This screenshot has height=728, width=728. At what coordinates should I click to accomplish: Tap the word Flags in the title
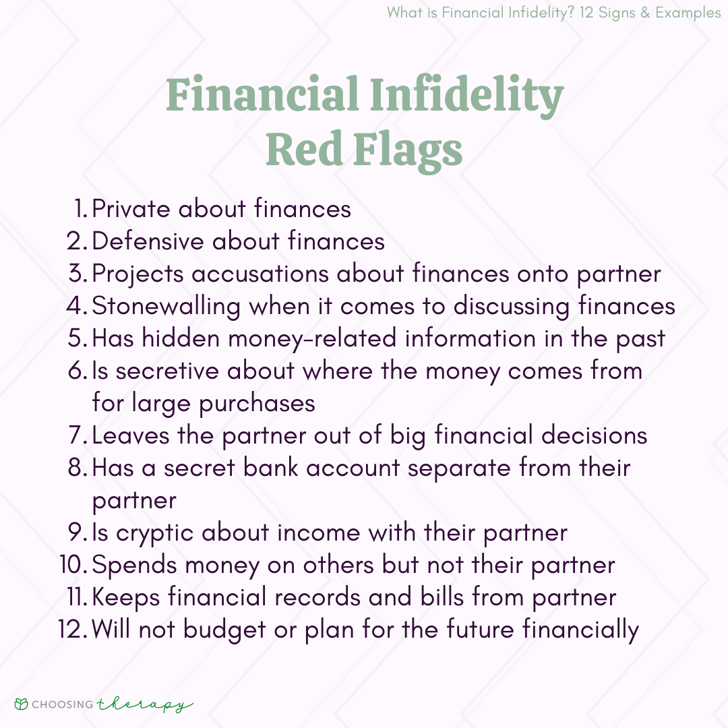click(x=408, y=150)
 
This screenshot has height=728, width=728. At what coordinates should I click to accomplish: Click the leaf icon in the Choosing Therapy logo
click(x=22, y=704)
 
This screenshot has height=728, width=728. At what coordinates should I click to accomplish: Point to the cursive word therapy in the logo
click(x=145, y=705)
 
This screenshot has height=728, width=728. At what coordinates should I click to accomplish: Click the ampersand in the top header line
click(x=645, y=13)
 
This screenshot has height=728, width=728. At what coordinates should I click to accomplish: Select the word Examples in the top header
click(x=688, y=13)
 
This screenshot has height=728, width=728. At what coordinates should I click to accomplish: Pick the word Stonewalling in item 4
click(x=166, y=307)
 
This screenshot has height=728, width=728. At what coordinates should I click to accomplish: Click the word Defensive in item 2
click(x=148, y=241)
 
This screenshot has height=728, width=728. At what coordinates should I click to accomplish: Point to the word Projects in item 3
click(x=138, y=274)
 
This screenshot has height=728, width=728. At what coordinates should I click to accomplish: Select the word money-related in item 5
click(x=312, y=339)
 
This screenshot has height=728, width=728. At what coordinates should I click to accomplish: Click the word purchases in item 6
click(x=257, y=404)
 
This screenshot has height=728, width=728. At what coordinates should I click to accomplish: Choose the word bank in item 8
click(x=271, y=468)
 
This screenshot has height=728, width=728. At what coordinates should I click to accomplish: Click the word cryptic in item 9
click(x=154, y=533)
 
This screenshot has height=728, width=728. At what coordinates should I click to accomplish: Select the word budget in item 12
click(x=224, y=630)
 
